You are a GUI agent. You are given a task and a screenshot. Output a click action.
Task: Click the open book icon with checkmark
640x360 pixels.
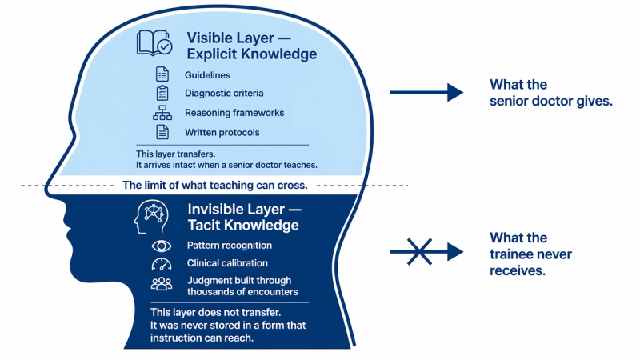(154, 42)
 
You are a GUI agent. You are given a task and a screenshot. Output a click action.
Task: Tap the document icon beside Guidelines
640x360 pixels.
(162, 74)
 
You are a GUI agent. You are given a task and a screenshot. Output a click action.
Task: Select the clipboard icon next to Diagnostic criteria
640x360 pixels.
(162, 93)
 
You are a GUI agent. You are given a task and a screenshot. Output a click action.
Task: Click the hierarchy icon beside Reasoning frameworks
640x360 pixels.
(162, 113)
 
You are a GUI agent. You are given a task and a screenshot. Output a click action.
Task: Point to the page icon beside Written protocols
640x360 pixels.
(162, 132)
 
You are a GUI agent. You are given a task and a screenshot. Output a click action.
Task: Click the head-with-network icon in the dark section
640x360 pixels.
(151, 217)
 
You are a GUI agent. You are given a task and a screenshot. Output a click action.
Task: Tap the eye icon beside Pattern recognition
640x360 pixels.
(162, 246)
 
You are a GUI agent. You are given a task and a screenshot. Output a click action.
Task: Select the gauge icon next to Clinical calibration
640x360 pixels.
(162, 264)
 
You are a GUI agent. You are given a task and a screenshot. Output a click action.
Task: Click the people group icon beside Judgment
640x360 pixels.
(162, 283)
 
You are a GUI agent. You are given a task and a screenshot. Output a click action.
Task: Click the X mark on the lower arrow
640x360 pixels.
(419, 252)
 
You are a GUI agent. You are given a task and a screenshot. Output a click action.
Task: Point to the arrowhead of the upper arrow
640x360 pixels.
(455, 92)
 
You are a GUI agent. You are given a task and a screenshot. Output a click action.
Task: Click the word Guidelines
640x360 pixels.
(207, 75)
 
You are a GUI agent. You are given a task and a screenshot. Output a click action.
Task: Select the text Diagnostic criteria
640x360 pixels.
(224, 93)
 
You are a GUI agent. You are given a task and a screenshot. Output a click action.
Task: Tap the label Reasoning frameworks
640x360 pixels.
(234, 113)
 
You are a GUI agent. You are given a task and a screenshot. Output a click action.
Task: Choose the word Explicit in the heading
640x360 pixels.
(212, 54)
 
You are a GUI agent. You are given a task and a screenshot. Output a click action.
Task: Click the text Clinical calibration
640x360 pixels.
(227, 263)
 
